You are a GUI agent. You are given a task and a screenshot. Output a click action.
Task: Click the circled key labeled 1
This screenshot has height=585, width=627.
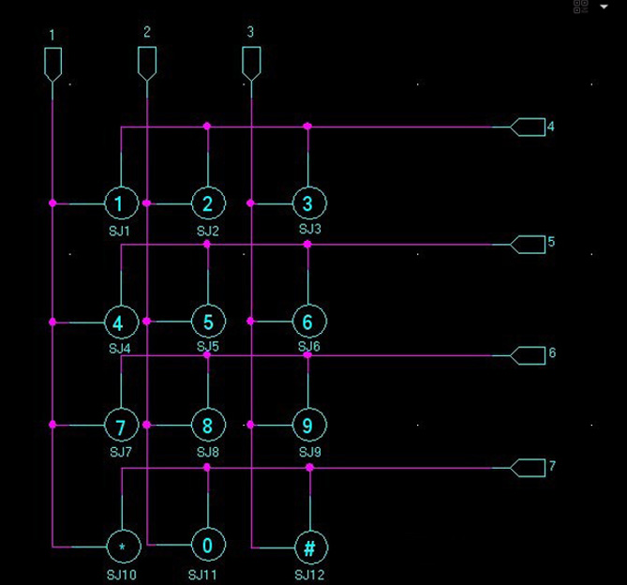(x=120, y=202)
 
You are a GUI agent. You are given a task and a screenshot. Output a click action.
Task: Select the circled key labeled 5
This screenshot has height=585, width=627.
(x=208, y=322)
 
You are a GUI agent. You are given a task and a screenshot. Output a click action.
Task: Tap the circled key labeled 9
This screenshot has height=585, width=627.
(x=308, y=425)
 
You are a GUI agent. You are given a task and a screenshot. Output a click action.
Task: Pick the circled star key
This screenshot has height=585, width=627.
(x=122, y=546)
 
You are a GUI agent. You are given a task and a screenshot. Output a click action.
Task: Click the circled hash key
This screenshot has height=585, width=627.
(x=309, y=546)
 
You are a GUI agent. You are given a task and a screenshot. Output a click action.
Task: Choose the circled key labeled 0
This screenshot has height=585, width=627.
(x=208, y=546)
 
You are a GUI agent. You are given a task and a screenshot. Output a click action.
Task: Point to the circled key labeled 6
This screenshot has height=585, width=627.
(x=308, y=322)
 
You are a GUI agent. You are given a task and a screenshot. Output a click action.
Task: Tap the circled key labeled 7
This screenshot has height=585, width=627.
(x=120, y=425)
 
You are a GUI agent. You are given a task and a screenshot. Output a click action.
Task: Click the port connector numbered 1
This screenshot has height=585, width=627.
(x=52, y=64)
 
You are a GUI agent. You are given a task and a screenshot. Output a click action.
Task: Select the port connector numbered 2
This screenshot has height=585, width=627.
(x=147, y=63)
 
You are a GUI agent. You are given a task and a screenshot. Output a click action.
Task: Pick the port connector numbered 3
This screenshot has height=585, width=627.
(x=251, y=63)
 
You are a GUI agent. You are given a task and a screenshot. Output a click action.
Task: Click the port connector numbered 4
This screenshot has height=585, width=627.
(x=528, y=127)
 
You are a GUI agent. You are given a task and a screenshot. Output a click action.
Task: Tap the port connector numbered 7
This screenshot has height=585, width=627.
(x=528, y=467)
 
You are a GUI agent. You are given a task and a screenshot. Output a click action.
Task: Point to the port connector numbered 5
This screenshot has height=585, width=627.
(x=528, y=244)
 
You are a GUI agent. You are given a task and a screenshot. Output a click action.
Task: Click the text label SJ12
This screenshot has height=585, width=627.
(x=309, y=574)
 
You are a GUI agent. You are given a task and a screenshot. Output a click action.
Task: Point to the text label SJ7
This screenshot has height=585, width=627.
(x=120, y=452)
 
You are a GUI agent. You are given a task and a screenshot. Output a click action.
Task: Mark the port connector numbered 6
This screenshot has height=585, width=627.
(x=528, y=354)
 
